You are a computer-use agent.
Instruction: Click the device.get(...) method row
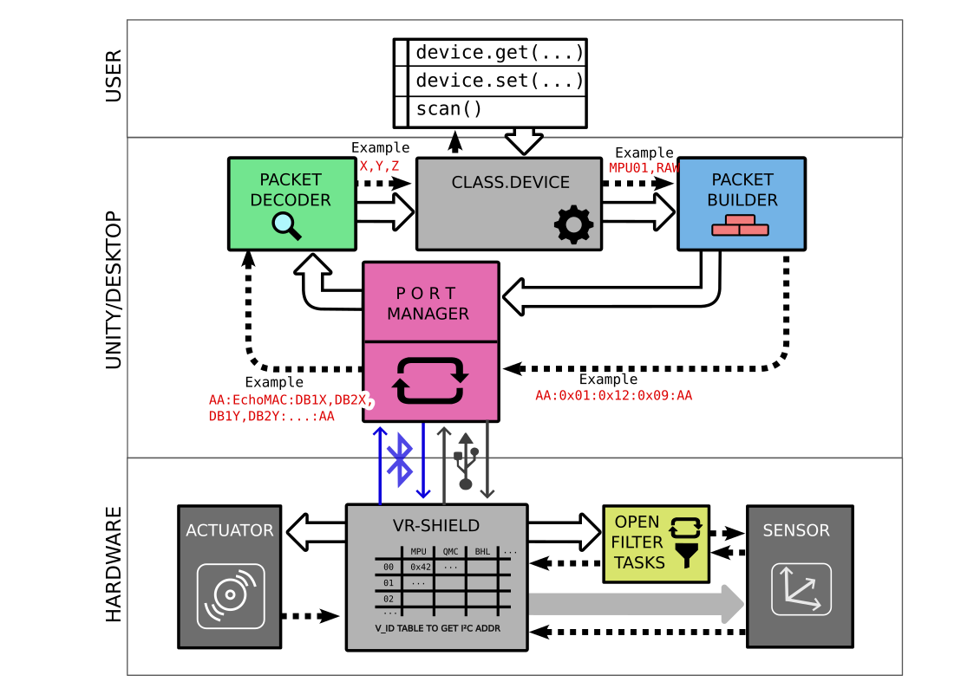498,53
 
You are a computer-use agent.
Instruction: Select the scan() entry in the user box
448,109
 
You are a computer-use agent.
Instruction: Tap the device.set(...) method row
498,81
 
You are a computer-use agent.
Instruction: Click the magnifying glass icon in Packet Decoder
286,225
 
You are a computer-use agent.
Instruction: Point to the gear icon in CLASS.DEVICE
573,224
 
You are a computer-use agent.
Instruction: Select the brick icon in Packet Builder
740,225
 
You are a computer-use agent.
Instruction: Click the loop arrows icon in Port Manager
431,381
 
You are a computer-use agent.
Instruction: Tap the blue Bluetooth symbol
400,459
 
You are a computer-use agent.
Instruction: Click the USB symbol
466,461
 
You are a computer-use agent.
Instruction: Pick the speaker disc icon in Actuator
230,595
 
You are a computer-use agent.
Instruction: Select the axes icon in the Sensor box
801,589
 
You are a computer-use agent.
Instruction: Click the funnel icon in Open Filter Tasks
687,556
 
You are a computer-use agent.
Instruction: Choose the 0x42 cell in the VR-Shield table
421,567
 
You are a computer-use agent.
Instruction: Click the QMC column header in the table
450,551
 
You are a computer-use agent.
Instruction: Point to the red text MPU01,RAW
644,167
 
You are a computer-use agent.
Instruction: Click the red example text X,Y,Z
379,165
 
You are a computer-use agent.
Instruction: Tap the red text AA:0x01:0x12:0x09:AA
613,396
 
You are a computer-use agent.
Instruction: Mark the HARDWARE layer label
114,565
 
